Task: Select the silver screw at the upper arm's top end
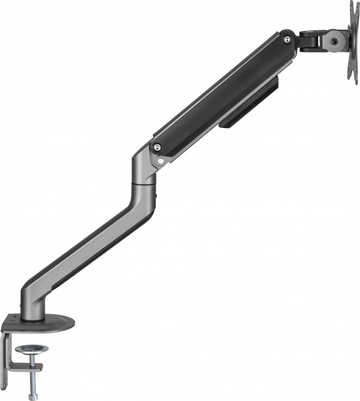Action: pos(287,38)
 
